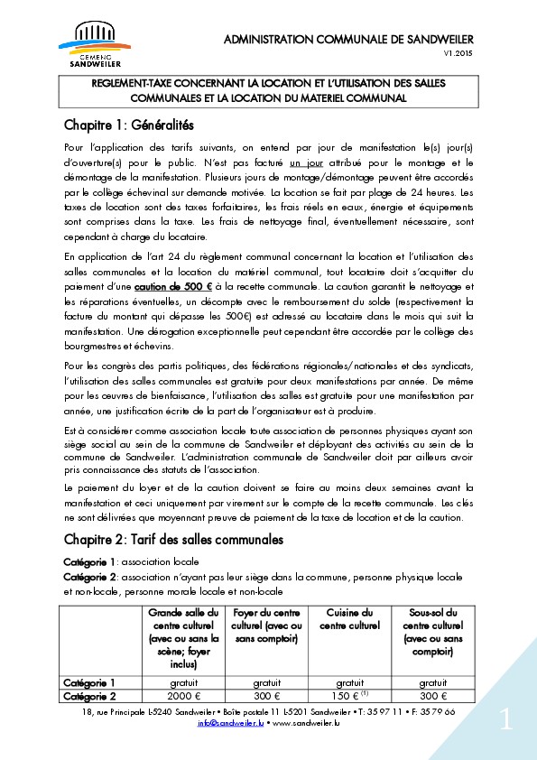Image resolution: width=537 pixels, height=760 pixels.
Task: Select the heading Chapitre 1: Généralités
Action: pos(129,124)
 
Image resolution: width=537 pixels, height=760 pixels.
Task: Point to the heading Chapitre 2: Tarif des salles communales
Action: pos(173,540)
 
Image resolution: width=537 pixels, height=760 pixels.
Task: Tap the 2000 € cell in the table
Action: pos(183,696)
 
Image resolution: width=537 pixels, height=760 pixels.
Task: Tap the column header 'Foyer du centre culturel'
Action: pos(266,626)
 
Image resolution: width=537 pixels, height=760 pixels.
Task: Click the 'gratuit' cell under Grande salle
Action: pos(183,682)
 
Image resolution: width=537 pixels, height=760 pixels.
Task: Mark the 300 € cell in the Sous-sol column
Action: pos(431,696)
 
